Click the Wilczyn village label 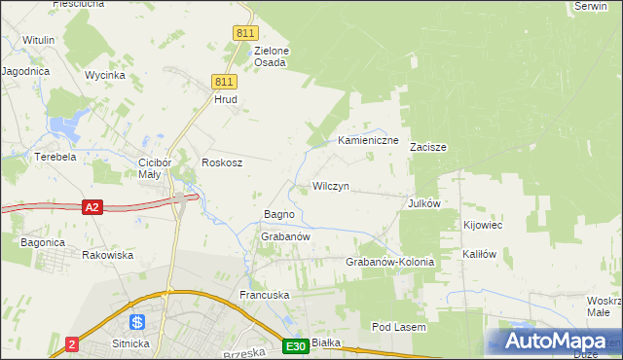tap(330, 186)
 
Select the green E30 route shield tap(296, 345)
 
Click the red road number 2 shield tap(73, 344)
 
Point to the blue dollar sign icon tap(137, 321)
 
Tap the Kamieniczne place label tap(369, 141)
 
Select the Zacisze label tap(427, 148)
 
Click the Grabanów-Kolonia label tap(389, 263)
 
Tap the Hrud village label tap(225, 99)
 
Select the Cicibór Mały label tap(155, 168)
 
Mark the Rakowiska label tap(107, 255)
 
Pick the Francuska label tap(266, 294)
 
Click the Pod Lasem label tap(399, 328)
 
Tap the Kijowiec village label tap(482, 225)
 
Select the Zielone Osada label tap(270, 56)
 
